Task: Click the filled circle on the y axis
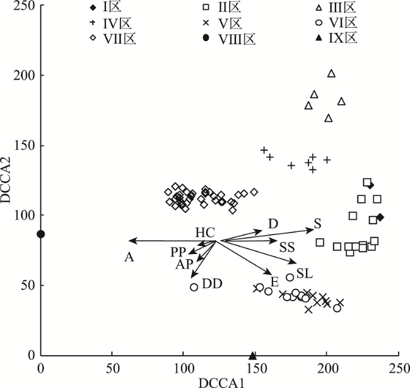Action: pyautogui.click(x=41, y=234)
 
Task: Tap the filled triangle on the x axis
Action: pyautogui.click(x=253, y=356)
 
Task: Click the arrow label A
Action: pyautogui.click(x=129, y=256)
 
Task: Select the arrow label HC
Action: pyautogui.click(x=205, y=232)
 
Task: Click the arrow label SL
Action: pyautogui.click(x=305, y=273)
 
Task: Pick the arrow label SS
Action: pyautogui.click(x=288, y=246)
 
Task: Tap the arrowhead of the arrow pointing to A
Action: pyautogui.click(x=131, y=240)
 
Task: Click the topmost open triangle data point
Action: pyautogui.click(x=332, y=73)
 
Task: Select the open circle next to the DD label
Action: pyautogui.click(x=194, y=287)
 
